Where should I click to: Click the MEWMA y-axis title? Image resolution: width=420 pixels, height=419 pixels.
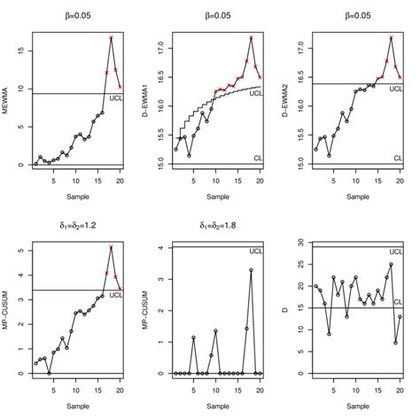tap(8, 100)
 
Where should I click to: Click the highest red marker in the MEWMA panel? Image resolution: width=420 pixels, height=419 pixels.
tap(111, 38)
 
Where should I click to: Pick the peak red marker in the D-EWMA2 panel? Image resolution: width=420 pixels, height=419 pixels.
tap(391, 38)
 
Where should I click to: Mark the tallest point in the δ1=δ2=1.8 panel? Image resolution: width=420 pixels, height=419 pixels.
tap(251, 270)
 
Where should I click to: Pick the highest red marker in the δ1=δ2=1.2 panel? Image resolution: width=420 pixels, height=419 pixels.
tap(111, 247)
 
